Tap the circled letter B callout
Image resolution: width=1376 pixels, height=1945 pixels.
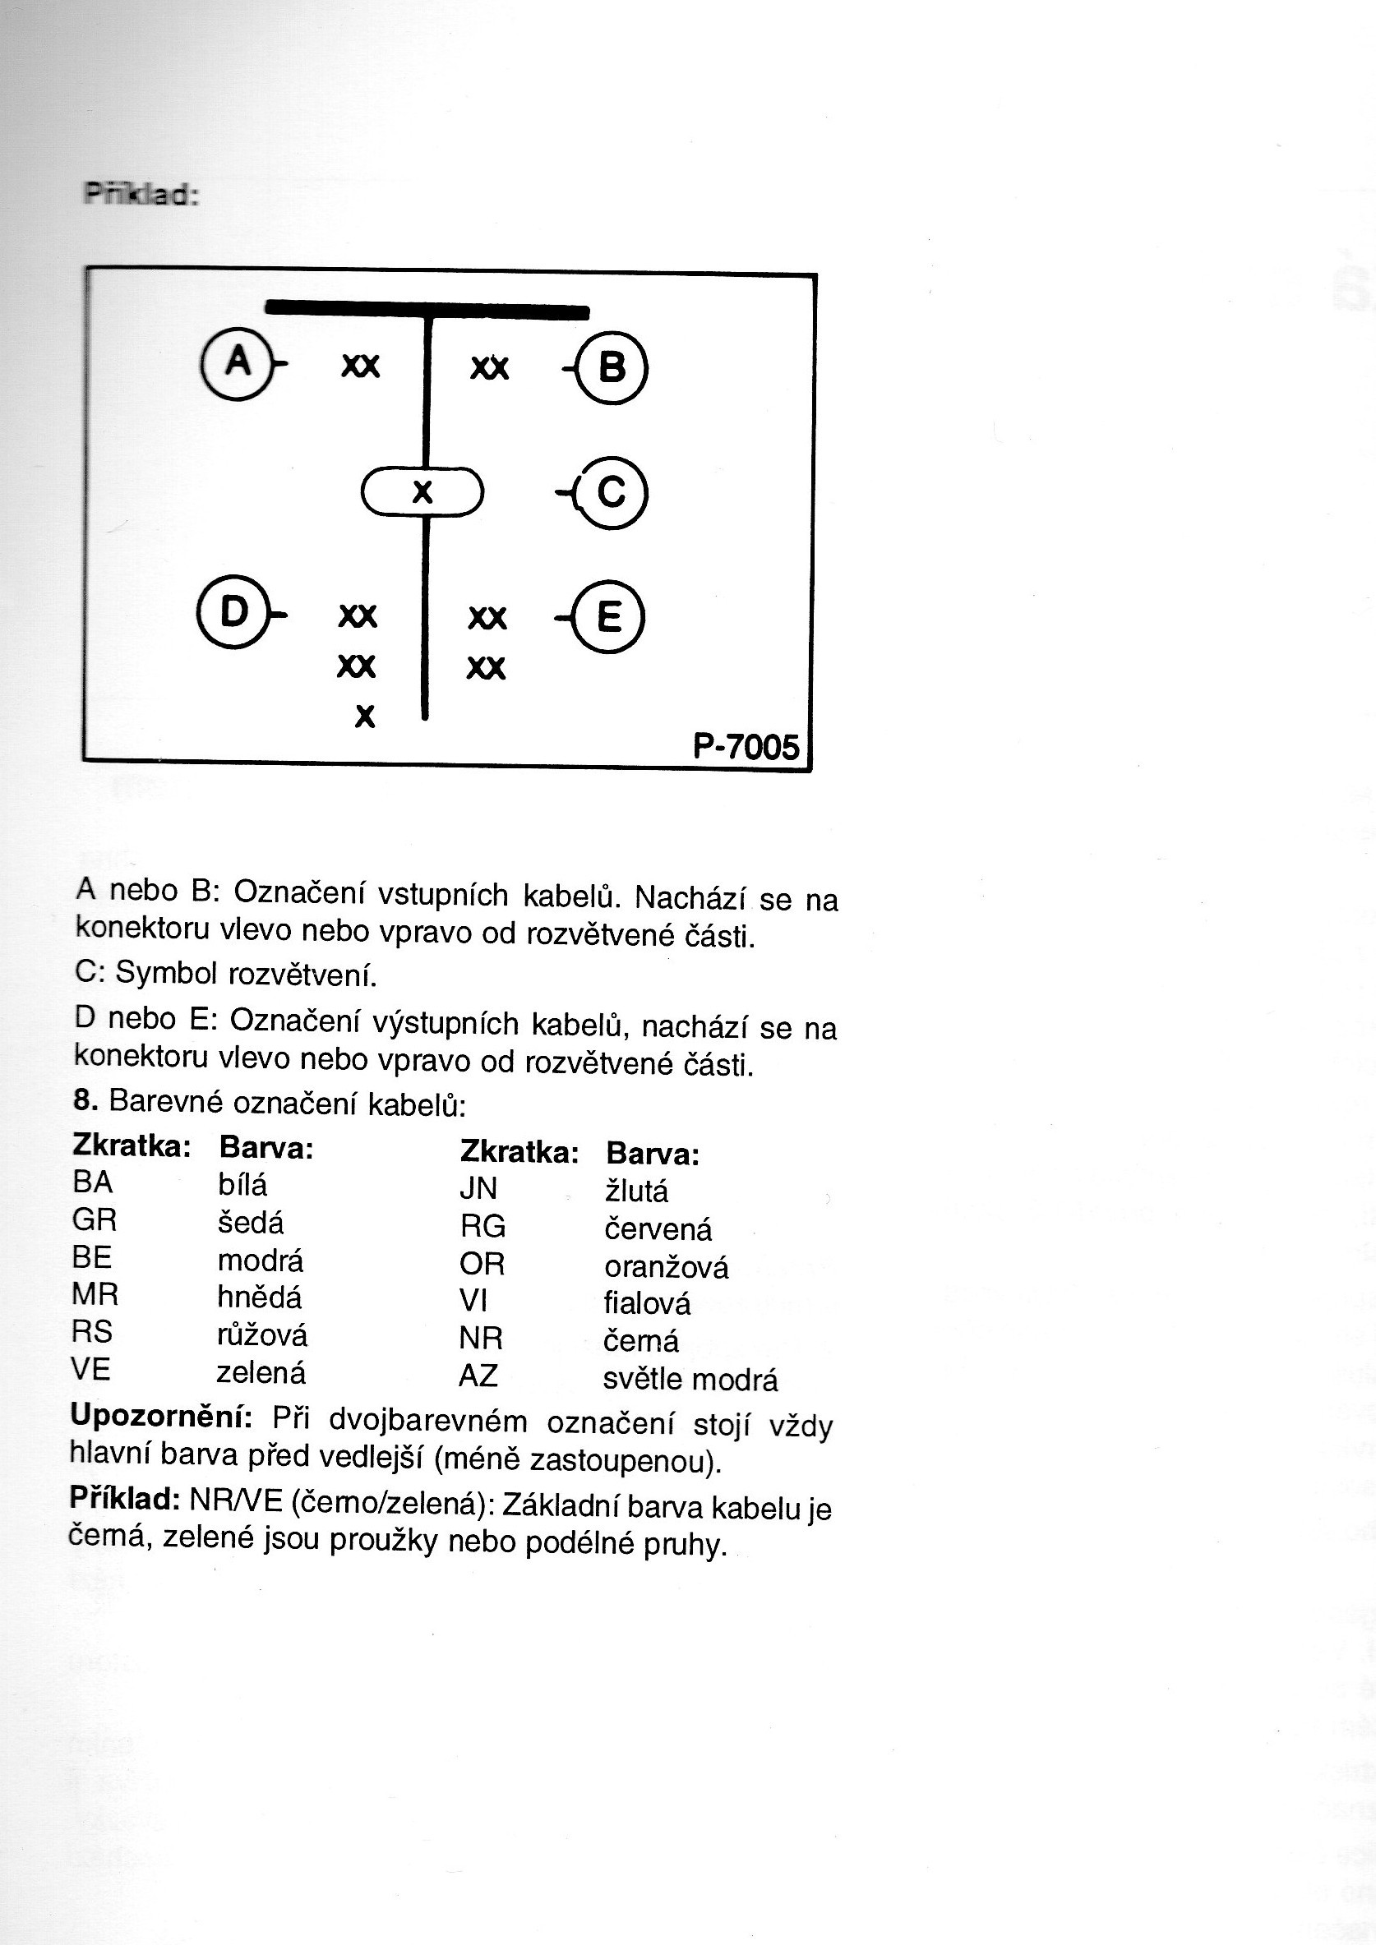pos(611,367)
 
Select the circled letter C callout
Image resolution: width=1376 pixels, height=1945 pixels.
pos(610,492)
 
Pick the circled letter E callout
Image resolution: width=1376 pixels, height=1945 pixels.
pos(608,615)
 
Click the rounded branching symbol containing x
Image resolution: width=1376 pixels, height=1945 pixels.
pos(422,491)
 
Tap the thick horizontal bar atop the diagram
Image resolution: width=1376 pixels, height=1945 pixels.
pos(427,309)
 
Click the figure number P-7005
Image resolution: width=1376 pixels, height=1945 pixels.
pos(746,746)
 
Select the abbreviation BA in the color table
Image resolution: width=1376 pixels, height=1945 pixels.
pos(92,1182)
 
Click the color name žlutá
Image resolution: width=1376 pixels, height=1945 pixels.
pos(636,1191)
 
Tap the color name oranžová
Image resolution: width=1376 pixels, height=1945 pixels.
pos(666,1267)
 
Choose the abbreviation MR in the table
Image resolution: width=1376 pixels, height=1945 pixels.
pos(95,1294)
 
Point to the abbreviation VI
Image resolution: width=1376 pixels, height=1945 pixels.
pos(473,1300)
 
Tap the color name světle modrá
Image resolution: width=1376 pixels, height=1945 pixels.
pos(690,1379)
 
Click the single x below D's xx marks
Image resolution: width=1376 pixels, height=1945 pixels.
pos(364,717)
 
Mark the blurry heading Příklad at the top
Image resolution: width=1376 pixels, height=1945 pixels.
pos(141,195)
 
